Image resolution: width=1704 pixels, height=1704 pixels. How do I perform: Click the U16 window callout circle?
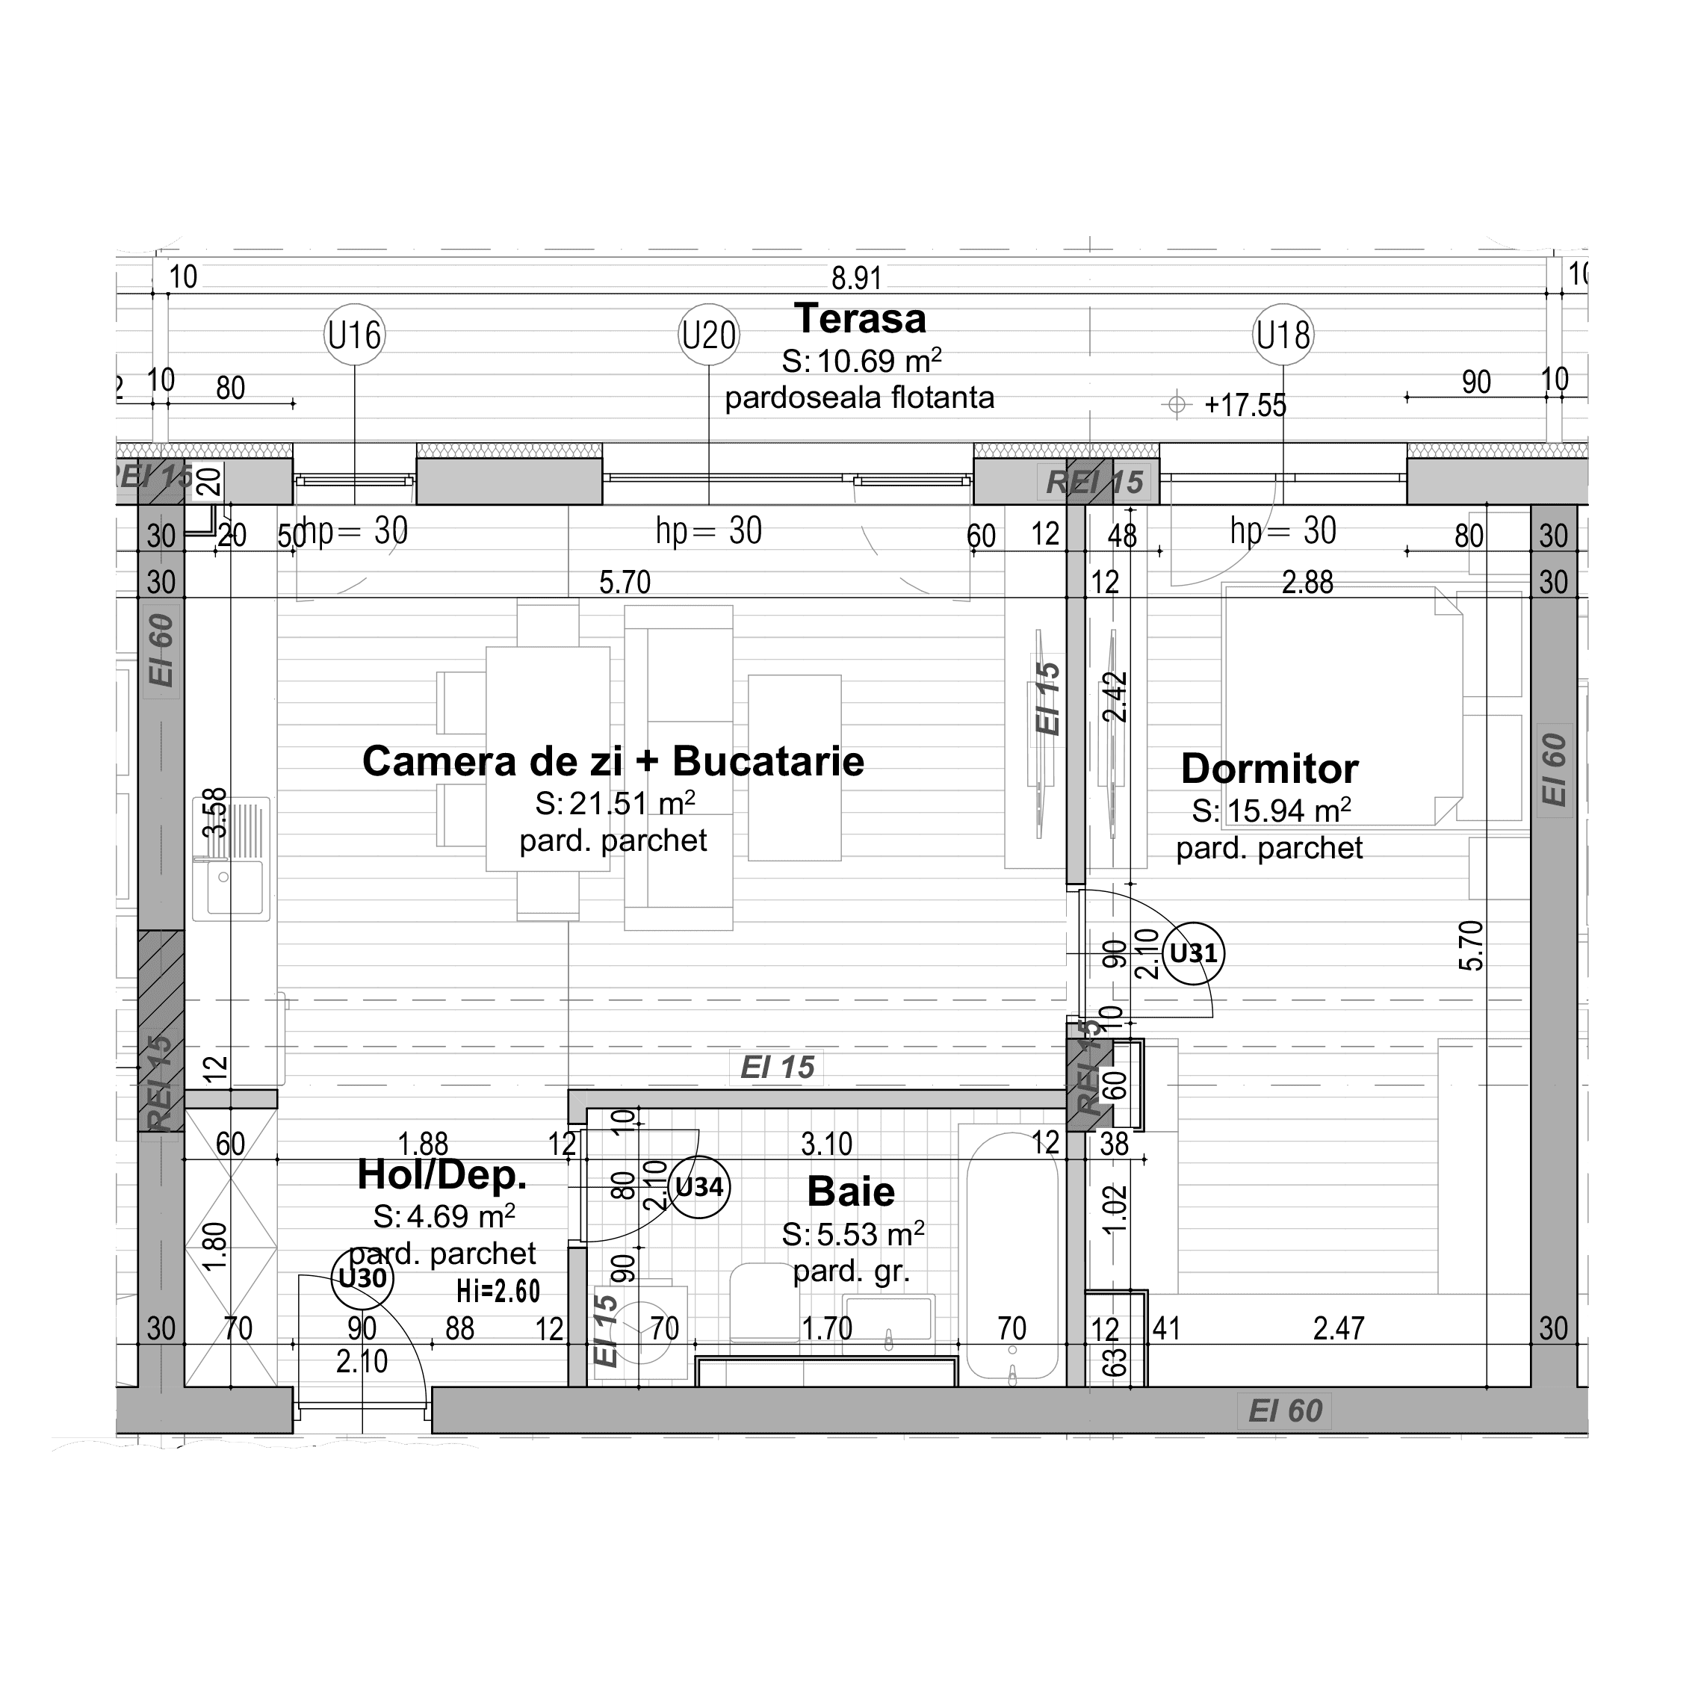point(355,335)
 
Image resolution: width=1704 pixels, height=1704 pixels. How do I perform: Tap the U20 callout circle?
point(709,335)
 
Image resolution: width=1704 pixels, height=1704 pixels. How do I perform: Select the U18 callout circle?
point(1283,335)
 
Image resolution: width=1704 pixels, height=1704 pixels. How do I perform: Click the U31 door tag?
point(1193,952)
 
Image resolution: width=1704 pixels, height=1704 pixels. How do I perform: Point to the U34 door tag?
point(699,1187)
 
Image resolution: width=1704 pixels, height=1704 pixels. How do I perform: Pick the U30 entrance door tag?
point(362,1278)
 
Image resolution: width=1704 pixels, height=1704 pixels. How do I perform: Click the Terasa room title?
point(860,318)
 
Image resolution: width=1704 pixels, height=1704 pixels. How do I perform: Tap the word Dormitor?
point(1269,769)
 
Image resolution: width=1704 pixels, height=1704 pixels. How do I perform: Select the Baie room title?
point(851,1192)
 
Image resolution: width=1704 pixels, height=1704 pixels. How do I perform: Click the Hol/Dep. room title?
point(442,1175)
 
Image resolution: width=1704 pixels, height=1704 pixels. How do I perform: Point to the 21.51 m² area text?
point(616,804)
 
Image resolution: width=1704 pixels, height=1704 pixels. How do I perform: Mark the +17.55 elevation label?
point(1245,405)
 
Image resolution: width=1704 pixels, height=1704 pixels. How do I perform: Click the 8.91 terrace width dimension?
point(856,279)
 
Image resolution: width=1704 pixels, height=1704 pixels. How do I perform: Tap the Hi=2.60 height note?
point(498,1291)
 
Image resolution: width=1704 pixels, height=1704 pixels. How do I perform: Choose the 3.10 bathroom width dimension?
point(826,1144)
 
